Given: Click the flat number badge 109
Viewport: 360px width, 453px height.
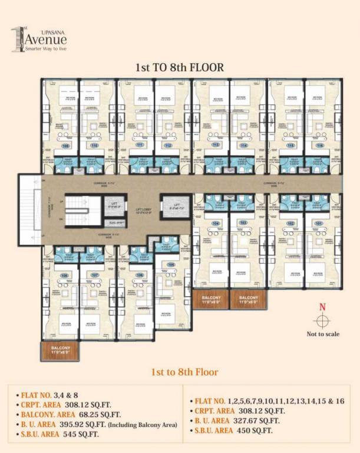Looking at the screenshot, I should click(x=171, y=265).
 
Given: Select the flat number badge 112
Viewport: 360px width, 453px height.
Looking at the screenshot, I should click(x=167, y=145).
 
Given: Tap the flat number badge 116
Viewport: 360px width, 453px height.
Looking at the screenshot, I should click(x=320, y=145).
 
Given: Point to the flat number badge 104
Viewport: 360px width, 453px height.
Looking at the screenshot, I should click(x=216, y=224).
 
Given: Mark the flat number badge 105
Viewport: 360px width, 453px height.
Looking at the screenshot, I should click(x=140, y=275).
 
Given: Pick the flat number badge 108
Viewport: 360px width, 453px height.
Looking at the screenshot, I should click(x=64, y=275).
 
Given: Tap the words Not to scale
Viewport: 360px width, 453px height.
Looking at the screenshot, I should click(x=323, y=334).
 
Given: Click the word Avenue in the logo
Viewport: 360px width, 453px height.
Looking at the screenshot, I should click(x=45, y=40).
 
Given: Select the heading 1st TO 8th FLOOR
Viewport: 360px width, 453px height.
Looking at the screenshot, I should click(x=180, y=67).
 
